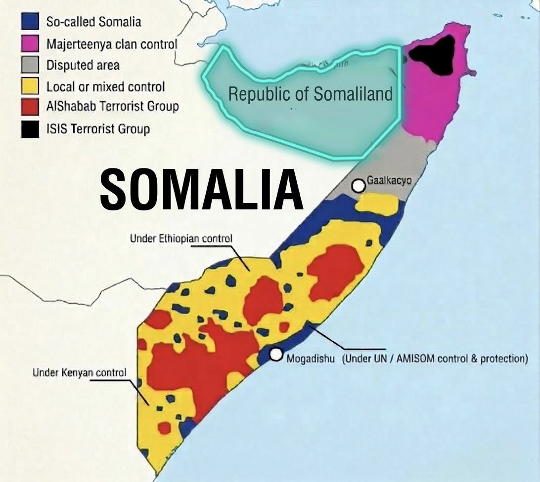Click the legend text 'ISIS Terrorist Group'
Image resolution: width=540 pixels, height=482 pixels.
click(98, 129)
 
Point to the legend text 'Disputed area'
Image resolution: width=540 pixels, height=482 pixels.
click(83, 65)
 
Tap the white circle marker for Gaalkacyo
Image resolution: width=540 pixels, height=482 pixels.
click(358, 186)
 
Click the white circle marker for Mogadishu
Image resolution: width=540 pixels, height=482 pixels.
click(276, 354)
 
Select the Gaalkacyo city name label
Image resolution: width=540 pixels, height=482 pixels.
click(389, 180)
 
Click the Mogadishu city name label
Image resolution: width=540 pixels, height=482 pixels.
click(312, 358)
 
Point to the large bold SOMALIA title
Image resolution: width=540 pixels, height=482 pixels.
click(201, 190)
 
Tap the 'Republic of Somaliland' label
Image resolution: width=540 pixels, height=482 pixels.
click(310, 94)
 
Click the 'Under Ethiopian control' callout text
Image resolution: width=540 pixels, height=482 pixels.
click(180, 239)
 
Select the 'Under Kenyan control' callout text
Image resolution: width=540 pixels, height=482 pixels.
click(79, 372)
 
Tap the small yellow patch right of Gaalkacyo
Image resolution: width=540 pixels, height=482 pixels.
click(377, 202)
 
